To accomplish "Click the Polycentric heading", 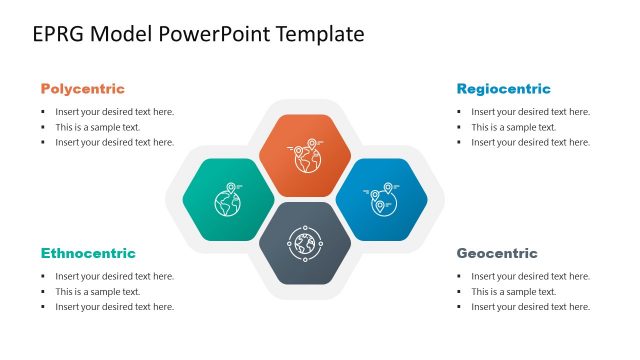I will pos(82,89).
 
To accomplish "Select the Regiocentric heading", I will pos(503,89).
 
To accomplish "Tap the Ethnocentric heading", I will pos(88,253).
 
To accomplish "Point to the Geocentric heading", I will pos(497,253).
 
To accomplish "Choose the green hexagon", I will pos(228,199).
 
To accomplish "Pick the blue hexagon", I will pos(381,199).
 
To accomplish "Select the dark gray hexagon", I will pos(304,243).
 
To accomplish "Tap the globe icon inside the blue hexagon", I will pos(380,199).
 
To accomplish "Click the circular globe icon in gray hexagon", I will pos(304,243).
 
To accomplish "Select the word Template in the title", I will pos(317,35).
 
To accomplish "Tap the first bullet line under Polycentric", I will pos(114,112).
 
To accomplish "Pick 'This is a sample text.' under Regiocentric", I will pos(513,127).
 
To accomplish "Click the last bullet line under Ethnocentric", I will pos(114,307).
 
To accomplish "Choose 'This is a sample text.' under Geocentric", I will pos(513,291).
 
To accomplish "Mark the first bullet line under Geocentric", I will pos(530,276).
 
